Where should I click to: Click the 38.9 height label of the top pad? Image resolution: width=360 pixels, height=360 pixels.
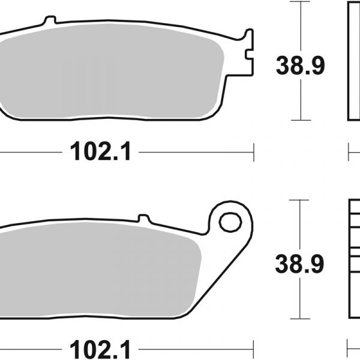pyautogui.click(x=300, y=65)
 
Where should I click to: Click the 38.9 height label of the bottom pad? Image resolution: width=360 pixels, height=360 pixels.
pyautogui.click(x=299, y=264)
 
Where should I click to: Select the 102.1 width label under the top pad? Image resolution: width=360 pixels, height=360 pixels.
pyautogui.click(x=100, y=151)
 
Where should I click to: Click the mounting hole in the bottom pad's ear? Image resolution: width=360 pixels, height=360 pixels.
pyautogui.click(x=230, y=222)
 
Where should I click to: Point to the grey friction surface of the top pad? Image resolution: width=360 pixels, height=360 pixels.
pyautogui.click(x=110, y=71)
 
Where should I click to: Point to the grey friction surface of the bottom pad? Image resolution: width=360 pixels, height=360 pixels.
pyautogui.click(x=99, y=270)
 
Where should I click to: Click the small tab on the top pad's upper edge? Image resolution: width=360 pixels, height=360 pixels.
pyautogui.click(x=50, y=20)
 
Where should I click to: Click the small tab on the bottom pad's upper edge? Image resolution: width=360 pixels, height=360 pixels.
pyautogui.click(x=144, y=218)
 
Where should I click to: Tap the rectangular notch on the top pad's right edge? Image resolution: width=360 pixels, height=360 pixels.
pyautogui.click(x=249, y=54)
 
